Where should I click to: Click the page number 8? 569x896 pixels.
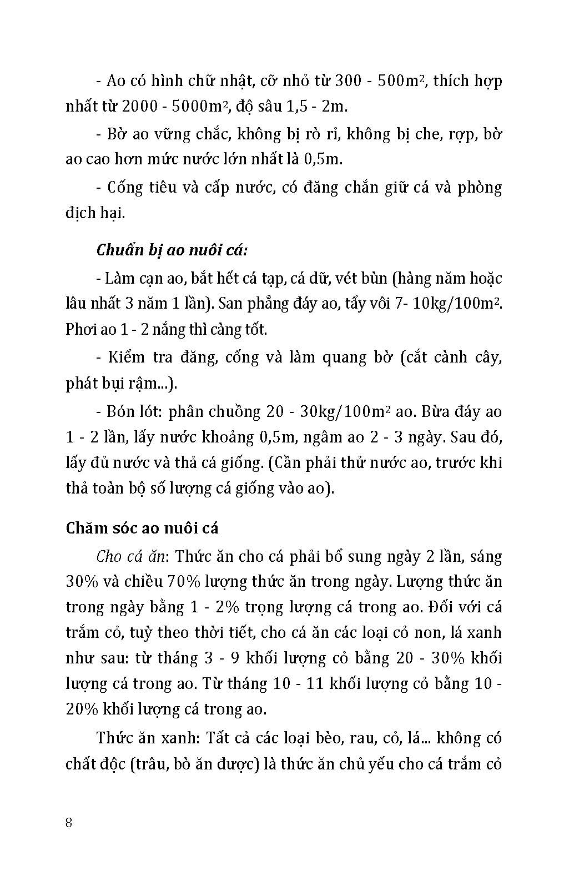tap(69, 823)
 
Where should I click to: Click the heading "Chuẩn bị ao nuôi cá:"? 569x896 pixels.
tap(172, 250)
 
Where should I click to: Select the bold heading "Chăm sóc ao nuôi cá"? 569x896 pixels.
tap(142, 527)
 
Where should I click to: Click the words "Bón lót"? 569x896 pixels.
tap(132, 412)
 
